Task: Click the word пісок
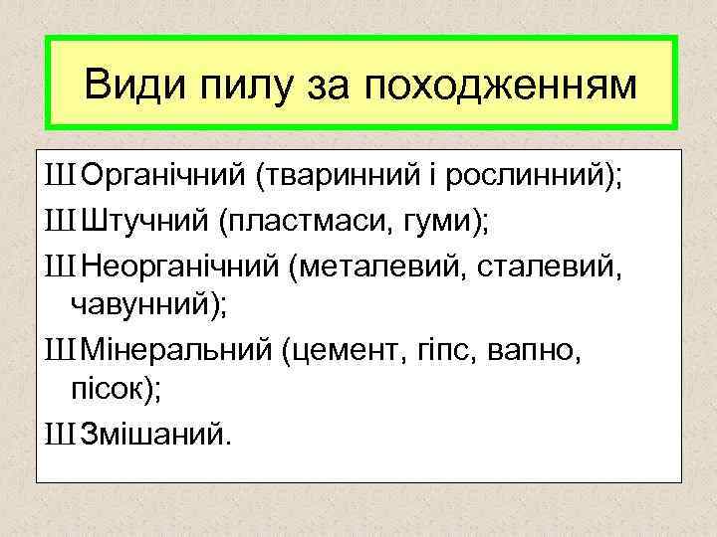point(110,390)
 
